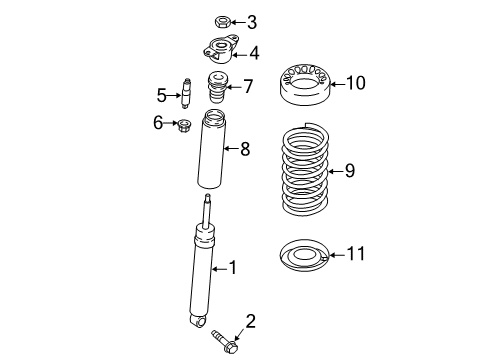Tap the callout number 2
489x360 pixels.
tap(251, 322)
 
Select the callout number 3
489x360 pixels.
tap(251, 21)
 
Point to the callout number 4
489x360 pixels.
tap(255, 53)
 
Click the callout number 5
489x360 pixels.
tap(162, 95)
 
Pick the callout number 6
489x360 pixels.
tap(158, 123)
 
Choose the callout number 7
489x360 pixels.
tap(247, 87)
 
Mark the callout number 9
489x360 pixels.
tap(349, 171)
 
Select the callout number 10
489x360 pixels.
tap(356, 83)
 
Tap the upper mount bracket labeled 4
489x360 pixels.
tap(216, 52)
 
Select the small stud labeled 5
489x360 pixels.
tap(185, 93)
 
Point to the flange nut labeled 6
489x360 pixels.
tap(183, 125)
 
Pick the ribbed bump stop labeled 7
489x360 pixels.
tap(214, 90)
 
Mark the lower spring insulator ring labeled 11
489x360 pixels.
tap(302, 257)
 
